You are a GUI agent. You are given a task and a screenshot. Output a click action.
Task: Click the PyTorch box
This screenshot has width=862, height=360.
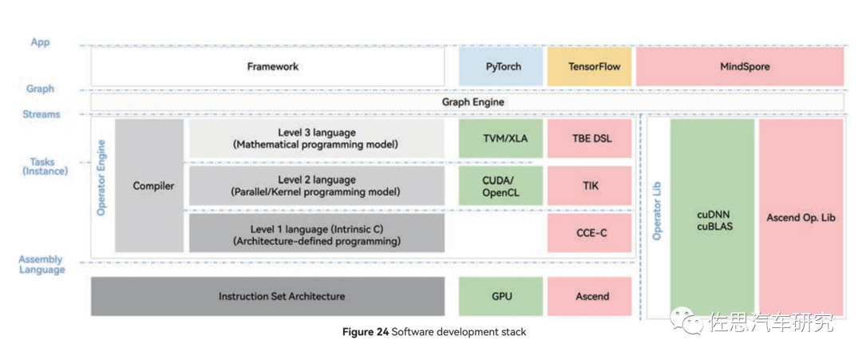point(503,66)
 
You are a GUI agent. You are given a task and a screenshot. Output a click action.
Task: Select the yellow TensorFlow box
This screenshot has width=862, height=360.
point(589,66)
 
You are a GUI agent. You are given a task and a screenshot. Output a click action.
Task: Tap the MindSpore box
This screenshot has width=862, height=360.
point(739,66)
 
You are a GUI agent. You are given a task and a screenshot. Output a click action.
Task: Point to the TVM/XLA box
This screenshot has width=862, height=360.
point(500,139)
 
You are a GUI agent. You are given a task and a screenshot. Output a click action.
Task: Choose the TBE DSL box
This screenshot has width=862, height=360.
point(589,139)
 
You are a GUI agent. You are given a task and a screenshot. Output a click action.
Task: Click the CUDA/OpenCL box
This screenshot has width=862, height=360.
point(500,185)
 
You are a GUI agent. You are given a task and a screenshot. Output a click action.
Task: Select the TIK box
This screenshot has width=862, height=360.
point(589,185)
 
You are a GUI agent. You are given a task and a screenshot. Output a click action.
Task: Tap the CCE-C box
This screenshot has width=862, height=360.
point(589,232)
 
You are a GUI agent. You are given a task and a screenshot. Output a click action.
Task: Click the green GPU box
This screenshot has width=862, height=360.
point(500,296)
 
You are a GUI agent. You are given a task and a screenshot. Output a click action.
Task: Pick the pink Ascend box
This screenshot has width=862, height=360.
point(589,296)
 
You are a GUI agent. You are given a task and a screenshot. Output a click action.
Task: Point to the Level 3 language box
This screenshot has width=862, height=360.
point(316,139)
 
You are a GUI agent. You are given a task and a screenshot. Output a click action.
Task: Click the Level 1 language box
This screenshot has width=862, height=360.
point(316,232)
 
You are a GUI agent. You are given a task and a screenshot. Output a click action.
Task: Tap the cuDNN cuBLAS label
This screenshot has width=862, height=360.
point(712,220)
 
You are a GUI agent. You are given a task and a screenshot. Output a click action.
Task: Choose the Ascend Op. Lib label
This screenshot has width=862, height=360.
point(801,217)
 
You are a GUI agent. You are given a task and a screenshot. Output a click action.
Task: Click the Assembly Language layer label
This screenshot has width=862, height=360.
point(42,265)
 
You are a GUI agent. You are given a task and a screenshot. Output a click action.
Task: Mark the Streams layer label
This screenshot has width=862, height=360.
point(42,115)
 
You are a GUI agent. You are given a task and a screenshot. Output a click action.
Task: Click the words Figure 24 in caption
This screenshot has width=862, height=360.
point(365,331)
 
